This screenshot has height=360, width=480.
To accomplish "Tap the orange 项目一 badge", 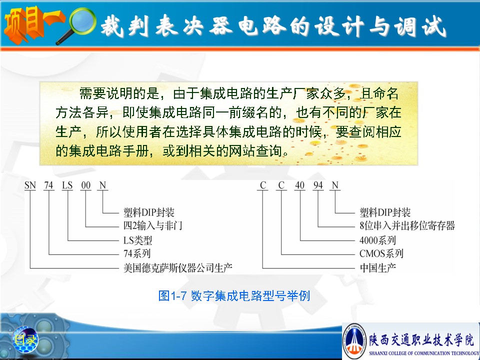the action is [33, 25].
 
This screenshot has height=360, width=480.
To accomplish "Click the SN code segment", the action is [30, 185].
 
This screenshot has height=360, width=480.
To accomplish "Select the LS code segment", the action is [67, 185].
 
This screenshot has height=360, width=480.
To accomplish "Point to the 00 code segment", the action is [85, 185].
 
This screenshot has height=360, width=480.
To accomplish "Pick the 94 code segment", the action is [318, 185].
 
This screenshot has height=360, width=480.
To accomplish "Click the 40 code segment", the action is [299, 185].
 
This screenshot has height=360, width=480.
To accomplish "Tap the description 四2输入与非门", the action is [153, 225].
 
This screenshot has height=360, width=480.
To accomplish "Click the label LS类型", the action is [138, 240].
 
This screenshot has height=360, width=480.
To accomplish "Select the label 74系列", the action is [137, 253].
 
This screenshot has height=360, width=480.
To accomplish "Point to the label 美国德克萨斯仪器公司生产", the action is [178, 268].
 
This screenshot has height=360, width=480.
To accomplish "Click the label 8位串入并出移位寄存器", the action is [407, 225].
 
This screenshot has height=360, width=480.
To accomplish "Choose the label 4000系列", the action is [378, 240].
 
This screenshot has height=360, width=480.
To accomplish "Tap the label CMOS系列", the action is [381, 253].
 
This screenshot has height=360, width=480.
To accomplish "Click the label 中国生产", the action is [378, 268].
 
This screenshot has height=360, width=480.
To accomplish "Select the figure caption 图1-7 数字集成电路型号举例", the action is [234, 295].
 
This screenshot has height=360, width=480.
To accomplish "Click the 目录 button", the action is [25, 339].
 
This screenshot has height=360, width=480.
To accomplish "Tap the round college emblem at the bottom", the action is [354, 340].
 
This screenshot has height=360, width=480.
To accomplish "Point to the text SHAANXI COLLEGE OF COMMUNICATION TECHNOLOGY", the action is [424, 353].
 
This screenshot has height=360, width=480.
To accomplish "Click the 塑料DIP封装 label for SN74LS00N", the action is [149, 212].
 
